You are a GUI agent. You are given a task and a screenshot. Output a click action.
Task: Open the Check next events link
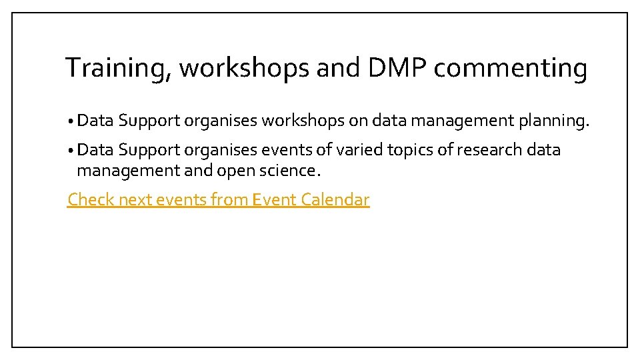tap(218, 199)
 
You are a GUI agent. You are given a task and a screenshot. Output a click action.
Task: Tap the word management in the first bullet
tap(459, 121)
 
